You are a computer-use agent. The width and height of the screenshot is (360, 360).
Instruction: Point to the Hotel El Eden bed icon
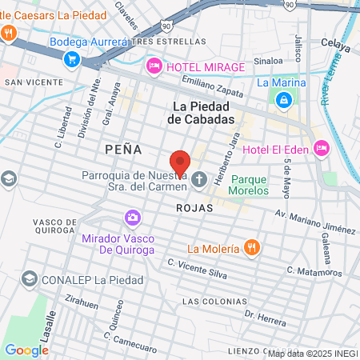pyautogui.click(x=321, y=149)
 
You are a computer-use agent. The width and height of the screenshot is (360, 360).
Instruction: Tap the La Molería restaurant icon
pyautogui.click(x=251, y=247)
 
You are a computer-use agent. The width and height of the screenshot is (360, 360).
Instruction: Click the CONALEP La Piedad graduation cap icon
pyautogui.click(x=30, y=279)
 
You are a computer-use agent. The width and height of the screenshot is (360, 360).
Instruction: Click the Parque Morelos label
pyautogui.click(x=248, y=186)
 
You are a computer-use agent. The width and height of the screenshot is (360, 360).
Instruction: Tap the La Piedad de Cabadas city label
pyautogui.click(x=203, y=112)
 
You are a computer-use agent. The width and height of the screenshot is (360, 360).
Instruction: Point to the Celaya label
pyautogui.click(x=335, y=46)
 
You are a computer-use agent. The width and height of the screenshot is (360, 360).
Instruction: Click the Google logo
pyautogui.click(x=26, y=350)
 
